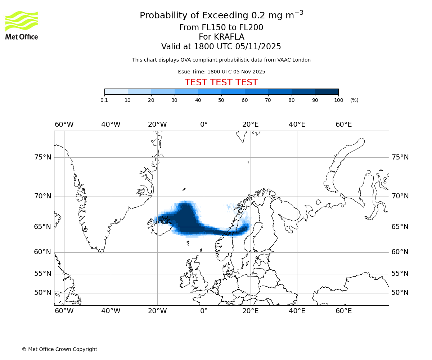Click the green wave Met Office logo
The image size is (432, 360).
22,21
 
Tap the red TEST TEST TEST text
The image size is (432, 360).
221,82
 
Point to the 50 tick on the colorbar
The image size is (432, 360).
221,100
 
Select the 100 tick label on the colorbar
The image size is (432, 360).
338,100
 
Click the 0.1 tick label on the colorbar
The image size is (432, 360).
104,100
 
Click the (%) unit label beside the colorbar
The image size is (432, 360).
354,100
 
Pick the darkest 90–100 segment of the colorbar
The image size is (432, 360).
327,91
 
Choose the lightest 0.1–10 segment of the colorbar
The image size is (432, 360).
116,91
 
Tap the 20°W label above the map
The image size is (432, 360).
157,125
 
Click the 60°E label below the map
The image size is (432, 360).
343,311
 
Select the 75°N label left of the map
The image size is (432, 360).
42,157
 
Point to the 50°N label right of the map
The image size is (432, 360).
400,293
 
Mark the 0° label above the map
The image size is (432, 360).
204,125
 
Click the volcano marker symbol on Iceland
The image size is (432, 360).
165,219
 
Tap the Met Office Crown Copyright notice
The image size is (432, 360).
59,349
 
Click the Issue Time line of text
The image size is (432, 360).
221,72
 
